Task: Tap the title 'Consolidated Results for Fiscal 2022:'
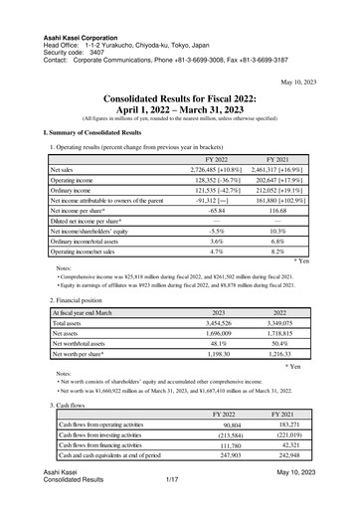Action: (x=180, y=100)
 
